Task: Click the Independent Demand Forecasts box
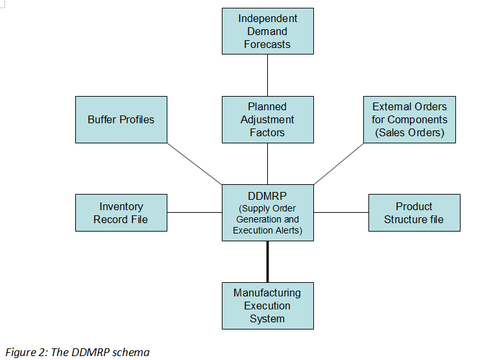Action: point(267,31)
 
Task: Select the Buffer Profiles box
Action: point(121,119)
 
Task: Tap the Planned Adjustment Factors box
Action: point(267,119)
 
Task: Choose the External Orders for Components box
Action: point(409,119)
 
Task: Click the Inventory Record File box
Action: point(121,213)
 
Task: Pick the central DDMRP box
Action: point(267,213)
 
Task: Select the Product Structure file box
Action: point(414,213)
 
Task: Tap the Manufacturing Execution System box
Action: point(267,306)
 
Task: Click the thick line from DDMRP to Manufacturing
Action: point(267,261)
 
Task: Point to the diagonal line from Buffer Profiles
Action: point(195,163)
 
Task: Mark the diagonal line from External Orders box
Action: point(339,163)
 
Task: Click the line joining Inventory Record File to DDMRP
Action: point(195,212)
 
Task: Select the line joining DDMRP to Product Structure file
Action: point(341,212)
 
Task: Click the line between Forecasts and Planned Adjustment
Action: point(267,75)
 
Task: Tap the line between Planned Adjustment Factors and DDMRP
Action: point(267,163)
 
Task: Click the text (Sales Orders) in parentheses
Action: point(409,133)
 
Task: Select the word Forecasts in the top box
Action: point(267,45)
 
